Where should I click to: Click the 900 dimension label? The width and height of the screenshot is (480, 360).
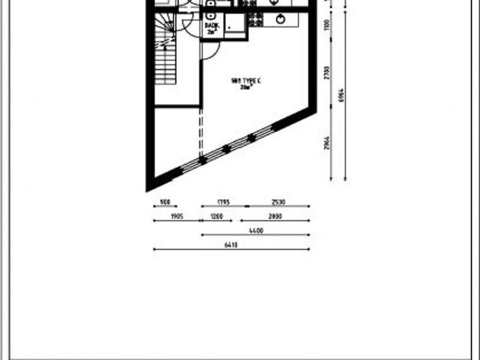[x=165, y=202]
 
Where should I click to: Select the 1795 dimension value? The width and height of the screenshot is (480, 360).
[x=223, y=202]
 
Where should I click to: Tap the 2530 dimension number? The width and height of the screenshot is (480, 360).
[x=279, y=202]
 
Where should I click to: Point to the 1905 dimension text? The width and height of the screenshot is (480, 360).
[x=177, y=216]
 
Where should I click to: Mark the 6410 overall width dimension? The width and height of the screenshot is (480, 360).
[x=231, y=244]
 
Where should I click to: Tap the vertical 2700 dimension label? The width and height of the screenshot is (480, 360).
[x=327, y=72]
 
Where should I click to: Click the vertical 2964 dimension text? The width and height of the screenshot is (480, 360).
[x=327, y=142]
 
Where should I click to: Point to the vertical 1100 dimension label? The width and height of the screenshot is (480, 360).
[x=327, y=25]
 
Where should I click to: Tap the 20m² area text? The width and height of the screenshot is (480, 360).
[x=246, y=88]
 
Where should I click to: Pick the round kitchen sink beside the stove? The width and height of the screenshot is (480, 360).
[x=280, y=19]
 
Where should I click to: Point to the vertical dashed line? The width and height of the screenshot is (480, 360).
[x=200, y=135]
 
